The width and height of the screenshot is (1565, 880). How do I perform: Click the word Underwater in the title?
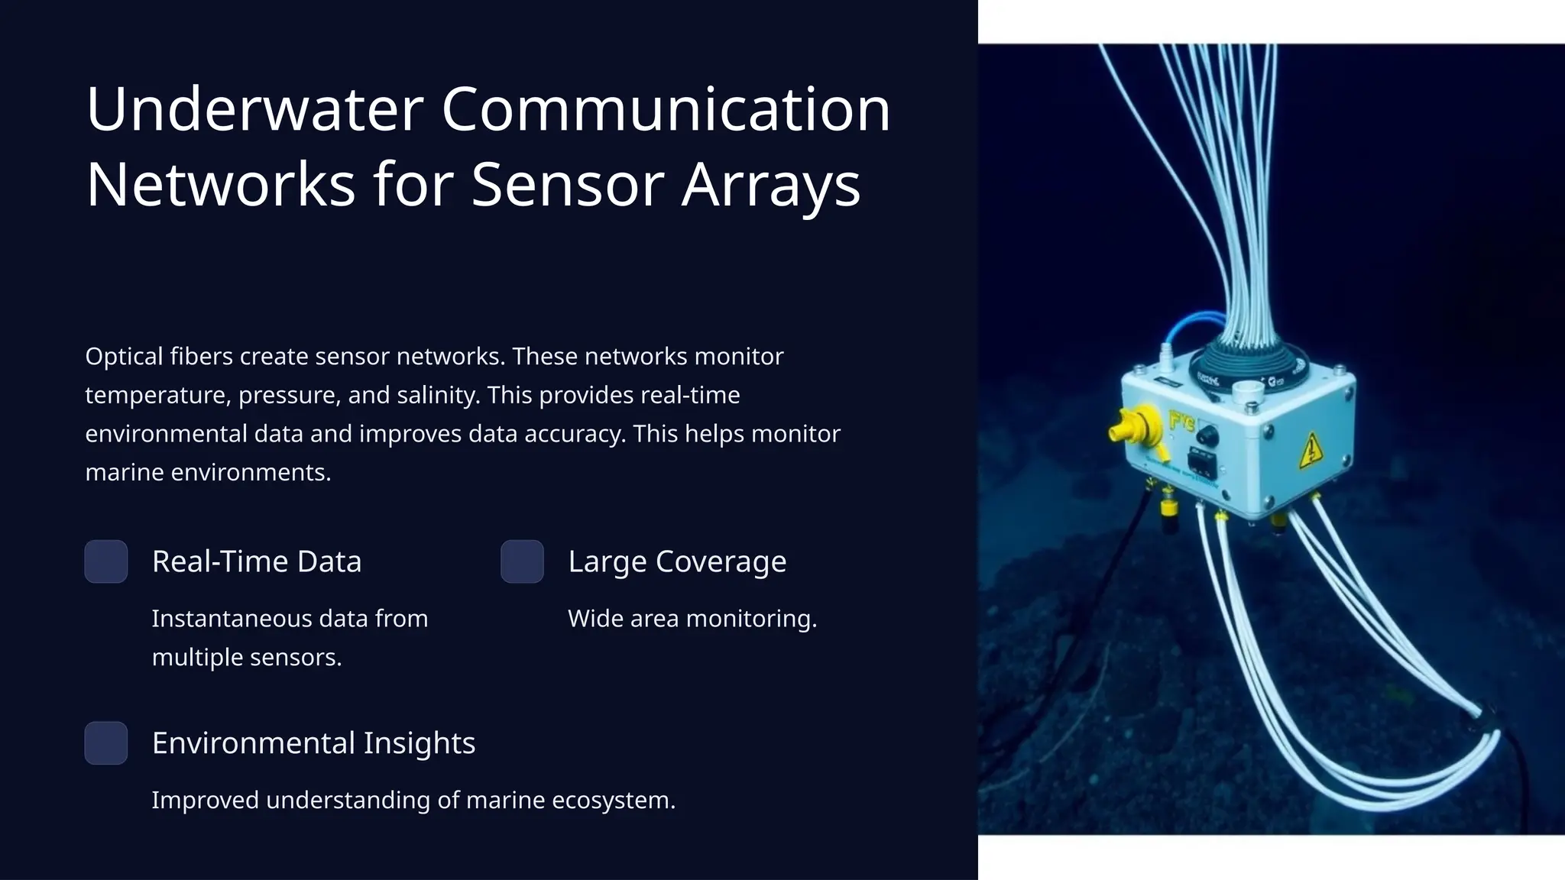(254, 109)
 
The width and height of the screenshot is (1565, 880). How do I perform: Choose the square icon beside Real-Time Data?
(106, 561)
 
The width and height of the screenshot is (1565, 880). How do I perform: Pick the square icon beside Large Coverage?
(522, 561)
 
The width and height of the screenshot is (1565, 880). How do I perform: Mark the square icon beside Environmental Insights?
(106, 742)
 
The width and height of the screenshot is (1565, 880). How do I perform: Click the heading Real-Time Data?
(256, 561)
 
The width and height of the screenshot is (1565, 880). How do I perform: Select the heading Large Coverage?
(677, 561)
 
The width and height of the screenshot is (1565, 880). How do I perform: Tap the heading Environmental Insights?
(313, 742)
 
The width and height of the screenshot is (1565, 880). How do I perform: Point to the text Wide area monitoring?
(692, 618)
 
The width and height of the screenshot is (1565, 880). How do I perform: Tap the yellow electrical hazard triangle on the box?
(1311, 451)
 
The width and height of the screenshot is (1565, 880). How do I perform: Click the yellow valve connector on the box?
(1132, 427)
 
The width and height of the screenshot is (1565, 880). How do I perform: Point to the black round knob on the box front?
(1207, 436)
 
